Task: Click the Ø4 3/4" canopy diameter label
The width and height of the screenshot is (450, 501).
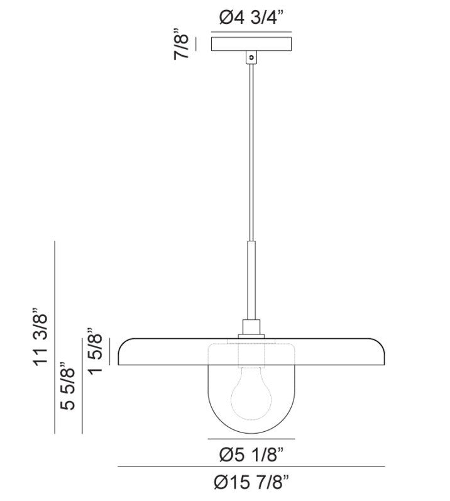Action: click(x=251, y=18)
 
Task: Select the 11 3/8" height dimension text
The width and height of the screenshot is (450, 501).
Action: click(x=40, y=336)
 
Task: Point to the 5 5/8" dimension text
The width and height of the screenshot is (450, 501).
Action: click(x=68, y=386)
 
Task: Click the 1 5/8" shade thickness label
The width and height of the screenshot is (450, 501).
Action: click(x=96, y=350)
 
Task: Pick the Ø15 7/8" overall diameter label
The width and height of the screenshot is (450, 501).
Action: click(x=251, y=483)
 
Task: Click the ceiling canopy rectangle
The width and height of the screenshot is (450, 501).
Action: click(x=251, y=44)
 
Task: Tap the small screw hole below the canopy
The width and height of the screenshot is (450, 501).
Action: click(x=251, y=57)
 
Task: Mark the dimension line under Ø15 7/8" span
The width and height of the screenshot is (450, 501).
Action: click(x=251, y=466)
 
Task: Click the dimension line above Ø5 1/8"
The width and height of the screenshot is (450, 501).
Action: click(x=251, y=438)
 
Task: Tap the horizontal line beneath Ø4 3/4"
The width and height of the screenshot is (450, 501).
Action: click(x=251, y=31)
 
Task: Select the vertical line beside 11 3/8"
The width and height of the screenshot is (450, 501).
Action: click(x=56, y=336)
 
